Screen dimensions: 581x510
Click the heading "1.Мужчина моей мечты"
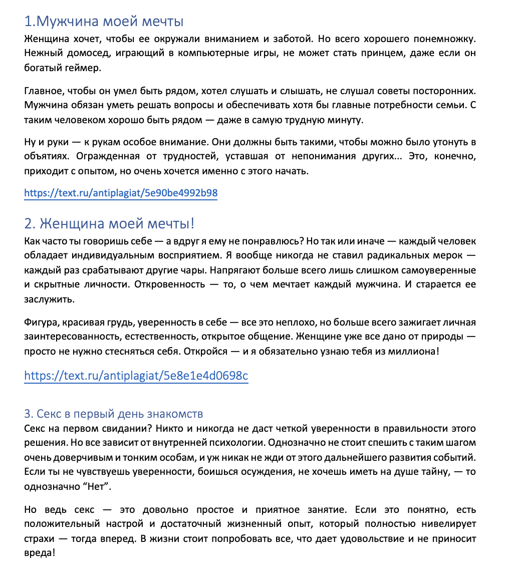(104, 22)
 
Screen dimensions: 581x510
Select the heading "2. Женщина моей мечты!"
(113, 223)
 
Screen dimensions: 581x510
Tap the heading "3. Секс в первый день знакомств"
(113, 414)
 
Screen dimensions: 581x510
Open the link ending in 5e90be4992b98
(121, 193)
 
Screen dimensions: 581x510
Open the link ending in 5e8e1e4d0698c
(136, 375)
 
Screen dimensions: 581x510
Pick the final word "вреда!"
(39, 553)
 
